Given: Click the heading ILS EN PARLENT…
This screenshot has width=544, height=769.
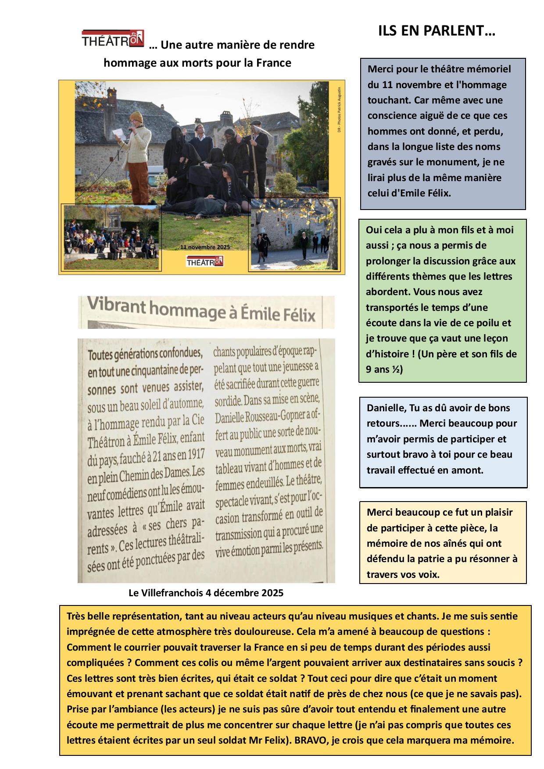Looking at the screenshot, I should click(x=437, y=31).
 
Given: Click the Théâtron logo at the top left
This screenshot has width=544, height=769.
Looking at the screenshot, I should click(x=113, y=38).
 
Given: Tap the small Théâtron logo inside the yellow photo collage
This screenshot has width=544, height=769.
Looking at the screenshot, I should click(x=205, y=261).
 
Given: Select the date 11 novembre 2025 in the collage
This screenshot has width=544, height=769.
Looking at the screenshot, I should click(x=205, y=247).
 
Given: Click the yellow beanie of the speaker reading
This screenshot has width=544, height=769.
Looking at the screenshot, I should click(x=136, y=117).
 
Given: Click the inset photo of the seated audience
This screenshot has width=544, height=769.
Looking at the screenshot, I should click(x=111, y=237).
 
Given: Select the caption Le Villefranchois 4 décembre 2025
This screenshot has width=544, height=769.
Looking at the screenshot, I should click(x=206, y=593).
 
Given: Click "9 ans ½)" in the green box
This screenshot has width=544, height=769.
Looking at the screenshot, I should click(x=384, y=370).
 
